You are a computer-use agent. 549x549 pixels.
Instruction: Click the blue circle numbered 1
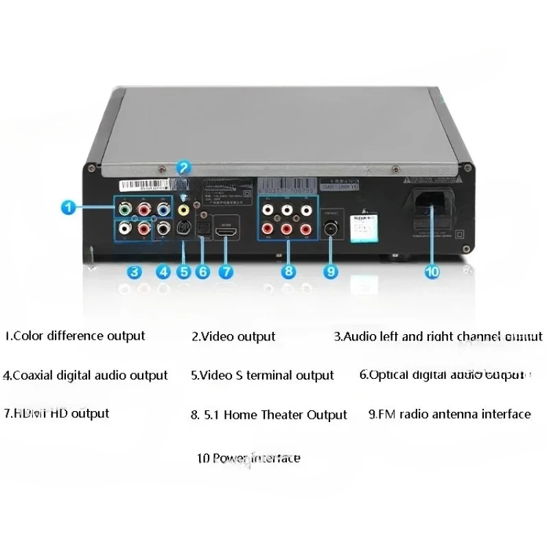pyautogui.click(x=67, y=205)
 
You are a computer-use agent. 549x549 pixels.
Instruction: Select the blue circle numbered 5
pyautogui.click(x=183, y=271)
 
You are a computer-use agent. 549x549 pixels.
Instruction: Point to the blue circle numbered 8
pyautogui.click(x=289, y=271)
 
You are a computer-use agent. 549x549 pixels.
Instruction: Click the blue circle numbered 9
pyautogui.click(x=331, y=271)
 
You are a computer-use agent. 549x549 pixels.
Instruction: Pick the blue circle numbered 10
pyautogui.click(x=432, y=271)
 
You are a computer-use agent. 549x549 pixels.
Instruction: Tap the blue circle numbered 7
pyautogui.click(x=226, y=271)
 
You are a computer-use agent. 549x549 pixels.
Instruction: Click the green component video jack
pyautogui.click(x=124, y=207)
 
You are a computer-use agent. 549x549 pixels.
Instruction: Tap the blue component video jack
pyautogui.click(x=163, y=207)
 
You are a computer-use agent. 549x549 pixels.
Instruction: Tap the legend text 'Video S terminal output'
pyautogui.click(x=263, y=375)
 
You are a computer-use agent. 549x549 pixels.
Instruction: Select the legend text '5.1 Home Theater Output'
pyautogui.click(x=269, y=415)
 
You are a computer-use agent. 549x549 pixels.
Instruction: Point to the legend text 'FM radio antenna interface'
pyautogui.click(x=449, y=414)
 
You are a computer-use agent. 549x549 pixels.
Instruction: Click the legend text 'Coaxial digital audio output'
pyautogui.click(x=86, y=375)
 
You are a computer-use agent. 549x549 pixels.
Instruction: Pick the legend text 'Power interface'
pyautogui.click(x=248, y=458)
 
